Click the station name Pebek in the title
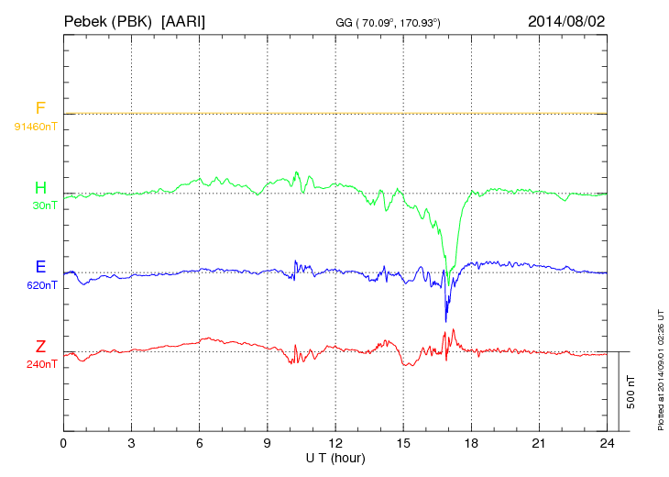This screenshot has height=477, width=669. pyautogui.click(x=86, y=20)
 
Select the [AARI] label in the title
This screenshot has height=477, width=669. pyautogui.click(x=182, y=20)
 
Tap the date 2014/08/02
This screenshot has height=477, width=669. pyautogui.click(x=565, y=20)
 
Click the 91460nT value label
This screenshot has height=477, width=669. pyautogui.click(x=36, y=127)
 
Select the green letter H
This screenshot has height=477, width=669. pyautogui.click(x=40, y=189)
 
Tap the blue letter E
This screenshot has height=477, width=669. pyautogui.click(x=40, y=267)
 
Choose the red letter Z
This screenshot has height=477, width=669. pyautogui.click(x=40, y=347)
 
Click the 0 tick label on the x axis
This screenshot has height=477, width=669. pyautogui.click(x=63, y=444)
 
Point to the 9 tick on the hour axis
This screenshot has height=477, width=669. pyautogui.click(x=268, y=444)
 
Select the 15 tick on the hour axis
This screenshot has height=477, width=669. pyautogui.click(x=404, y=444)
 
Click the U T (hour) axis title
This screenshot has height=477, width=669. pyautogui.click(x=335, y=457)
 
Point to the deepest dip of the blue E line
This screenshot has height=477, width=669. pyautogui.click(x=446, y=321)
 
